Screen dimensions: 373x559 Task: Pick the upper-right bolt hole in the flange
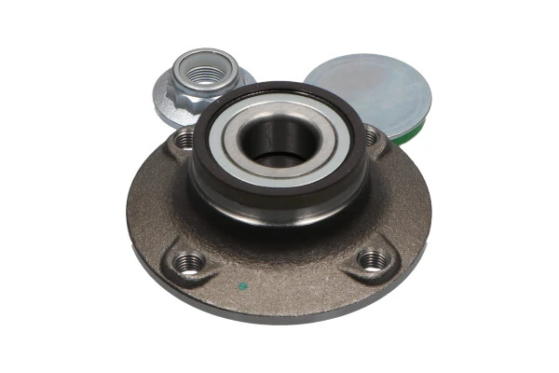[371, 137]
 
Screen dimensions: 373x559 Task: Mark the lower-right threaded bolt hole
[372, 261]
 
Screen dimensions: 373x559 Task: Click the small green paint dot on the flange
[244, 286]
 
